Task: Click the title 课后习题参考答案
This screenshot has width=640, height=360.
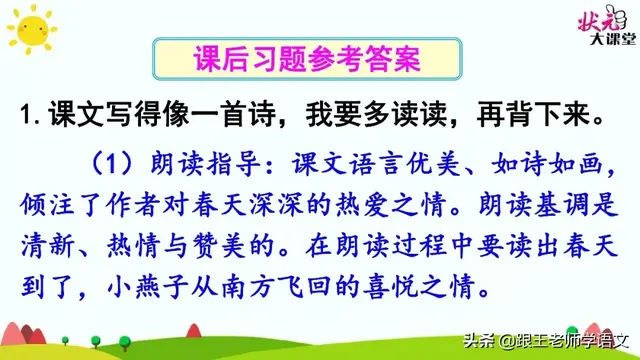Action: tap(293, 59)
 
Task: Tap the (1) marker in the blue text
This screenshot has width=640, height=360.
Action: tap(109, 163)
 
